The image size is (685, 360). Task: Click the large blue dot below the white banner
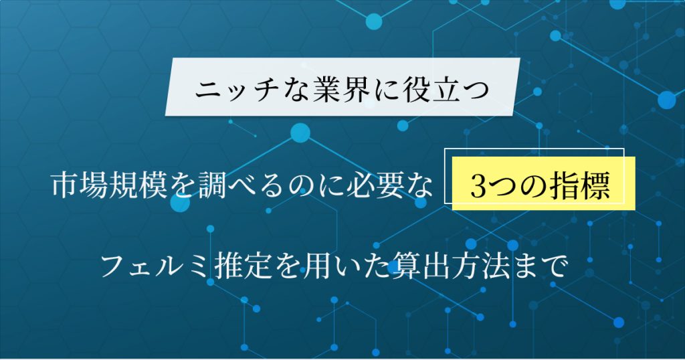300,132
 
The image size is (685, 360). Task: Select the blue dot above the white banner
373,21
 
